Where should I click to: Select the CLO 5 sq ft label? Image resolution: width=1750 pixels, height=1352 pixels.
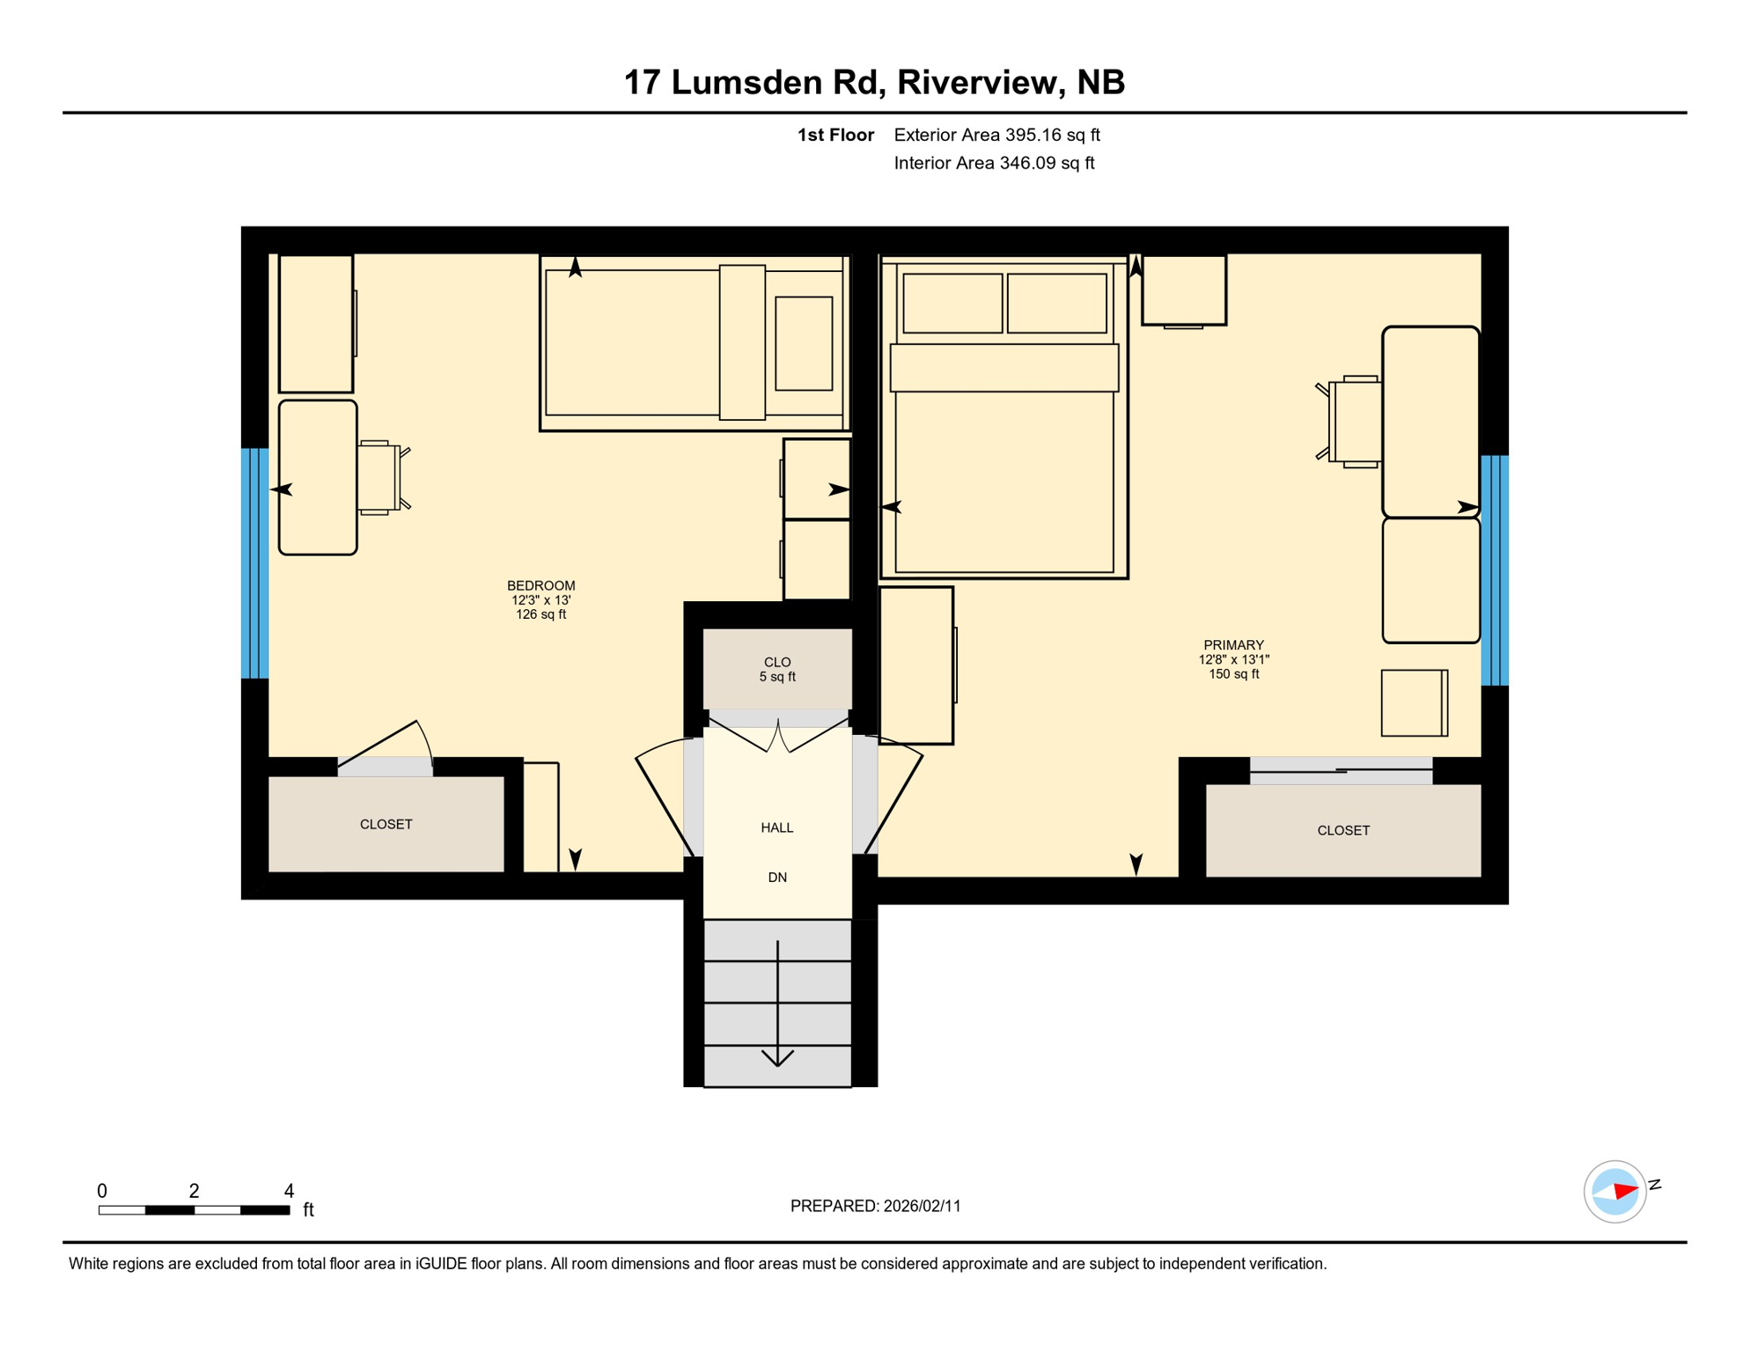pos(776,669)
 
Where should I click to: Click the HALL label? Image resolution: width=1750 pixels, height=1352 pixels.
pos(776,827)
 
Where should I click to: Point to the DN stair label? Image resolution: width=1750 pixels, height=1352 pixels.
pos(776,878)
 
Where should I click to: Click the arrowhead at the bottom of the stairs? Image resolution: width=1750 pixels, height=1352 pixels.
pos(777,1058)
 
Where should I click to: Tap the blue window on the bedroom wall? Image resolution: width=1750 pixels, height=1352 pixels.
pos(254,563)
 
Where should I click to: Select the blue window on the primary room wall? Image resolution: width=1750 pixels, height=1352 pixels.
pos(1494,570)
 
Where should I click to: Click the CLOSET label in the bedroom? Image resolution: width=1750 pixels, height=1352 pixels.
pos(386,825)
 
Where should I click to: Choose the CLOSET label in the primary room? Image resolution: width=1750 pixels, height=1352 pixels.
pos(1342,831)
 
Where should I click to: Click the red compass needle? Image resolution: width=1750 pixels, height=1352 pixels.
pos(1625,1192)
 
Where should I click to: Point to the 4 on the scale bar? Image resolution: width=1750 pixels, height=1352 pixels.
pos(289,1191)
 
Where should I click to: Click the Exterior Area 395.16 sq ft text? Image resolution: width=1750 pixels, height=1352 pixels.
pos(996,135)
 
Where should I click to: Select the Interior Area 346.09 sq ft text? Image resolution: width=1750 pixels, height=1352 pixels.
pos(994,163)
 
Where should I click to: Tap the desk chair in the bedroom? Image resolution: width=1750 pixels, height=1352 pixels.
pos(381,477)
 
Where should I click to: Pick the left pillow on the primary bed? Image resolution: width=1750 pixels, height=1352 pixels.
pos(952,303)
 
